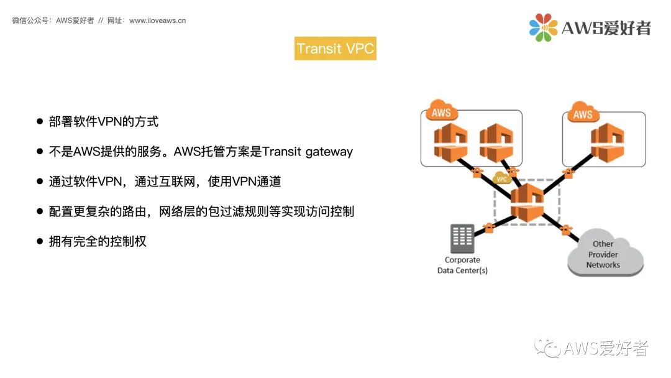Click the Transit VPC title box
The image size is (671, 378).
tap(335, 48)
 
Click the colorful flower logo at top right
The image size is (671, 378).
tap(542, 27)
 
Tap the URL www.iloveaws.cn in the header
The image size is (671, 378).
tap(157, 21)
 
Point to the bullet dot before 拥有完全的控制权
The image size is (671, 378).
tap(40, 241)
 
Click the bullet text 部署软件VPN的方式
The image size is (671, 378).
tap(104, 121)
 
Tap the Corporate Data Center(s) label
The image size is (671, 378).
tap(462, 265)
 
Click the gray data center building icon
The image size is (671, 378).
tap(462, 238)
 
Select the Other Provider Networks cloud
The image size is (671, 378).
tap(604, 254)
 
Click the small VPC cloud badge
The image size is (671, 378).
tap(501, 179)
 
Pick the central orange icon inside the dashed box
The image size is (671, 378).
tap(527, 201)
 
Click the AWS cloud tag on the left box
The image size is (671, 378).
tap(440, 114)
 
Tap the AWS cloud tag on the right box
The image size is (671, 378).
tap(582, 114)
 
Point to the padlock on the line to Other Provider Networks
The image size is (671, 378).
tap(565, 231)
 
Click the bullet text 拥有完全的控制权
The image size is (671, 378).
tap(98, 241)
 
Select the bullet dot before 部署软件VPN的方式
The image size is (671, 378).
tap(40, 121)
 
